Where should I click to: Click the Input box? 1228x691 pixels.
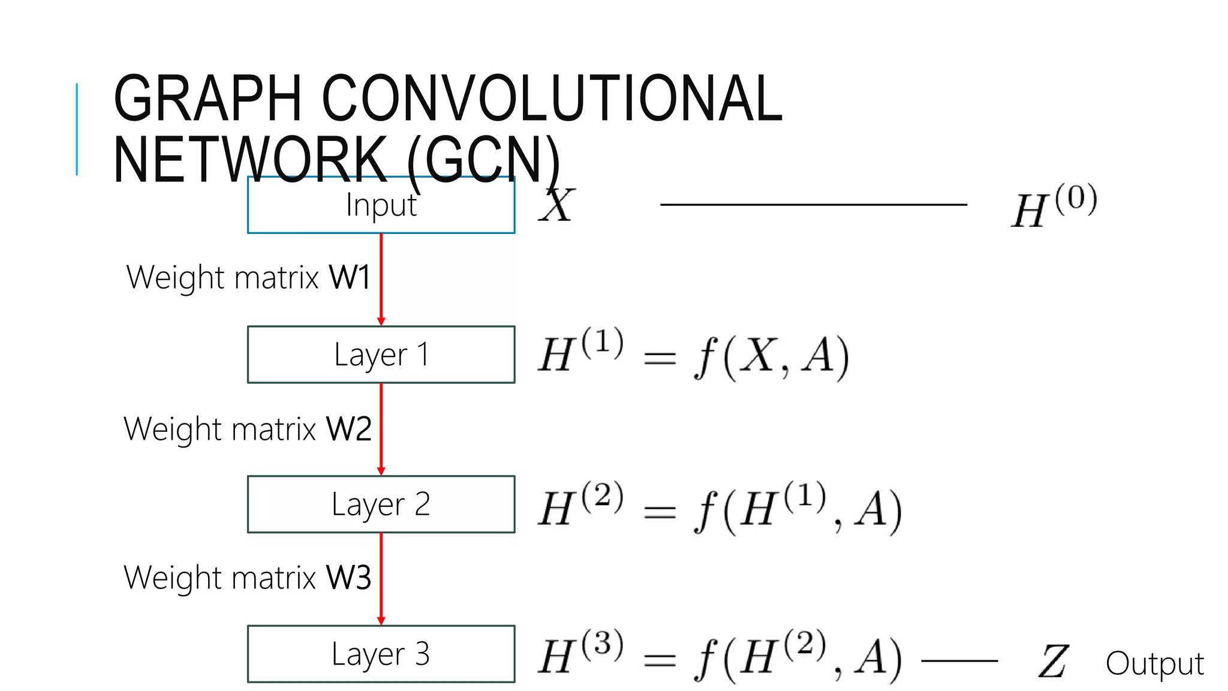381,205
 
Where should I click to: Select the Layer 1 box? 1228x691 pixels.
381,354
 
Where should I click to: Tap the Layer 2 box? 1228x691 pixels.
381,504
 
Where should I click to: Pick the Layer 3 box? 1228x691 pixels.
381,654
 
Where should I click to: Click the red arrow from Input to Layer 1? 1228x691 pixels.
381,279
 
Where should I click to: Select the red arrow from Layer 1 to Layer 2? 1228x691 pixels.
381,429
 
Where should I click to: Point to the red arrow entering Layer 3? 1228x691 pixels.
381,578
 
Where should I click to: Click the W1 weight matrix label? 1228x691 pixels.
248,278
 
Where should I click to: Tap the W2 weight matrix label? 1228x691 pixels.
247,429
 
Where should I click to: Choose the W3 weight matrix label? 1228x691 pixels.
247,578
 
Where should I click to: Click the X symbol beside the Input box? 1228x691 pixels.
556,206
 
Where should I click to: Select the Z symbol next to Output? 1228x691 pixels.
1052,662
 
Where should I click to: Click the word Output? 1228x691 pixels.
1154,663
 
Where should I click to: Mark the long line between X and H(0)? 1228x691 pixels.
813,205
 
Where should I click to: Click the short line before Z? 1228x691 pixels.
959,661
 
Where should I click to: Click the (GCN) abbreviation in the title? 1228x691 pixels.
483,160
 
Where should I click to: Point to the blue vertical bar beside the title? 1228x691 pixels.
77,129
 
